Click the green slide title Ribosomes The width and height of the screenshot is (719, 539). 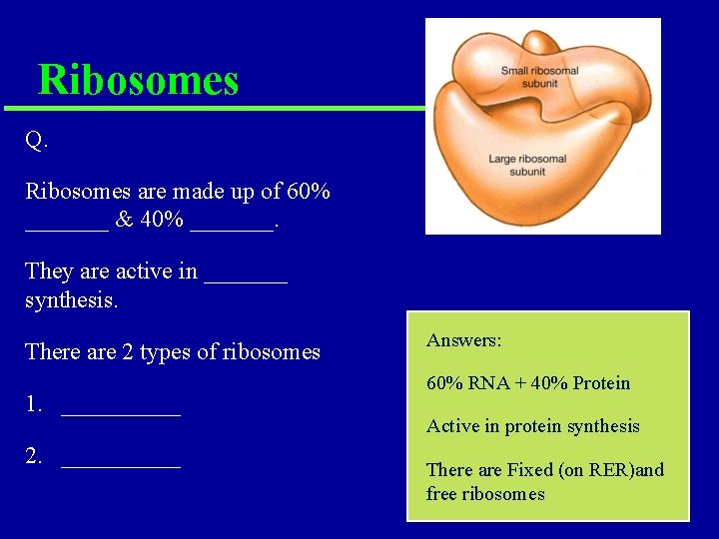point(138,80)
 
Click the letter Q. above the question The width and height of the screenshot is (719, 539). point(37,141)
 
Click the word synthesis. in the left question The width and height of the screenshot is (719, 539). point(72,299)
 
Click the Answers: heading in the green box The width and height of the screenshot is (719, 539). point(464,340)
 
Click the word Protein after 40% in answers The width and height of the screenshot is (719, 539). point(600,383)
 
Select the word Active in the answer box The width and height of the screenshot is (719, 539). point(451,426)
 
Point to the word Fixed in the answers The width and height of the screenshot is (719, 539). point(529,470)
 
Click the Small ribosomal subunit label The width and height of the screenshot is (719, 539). point(539,77)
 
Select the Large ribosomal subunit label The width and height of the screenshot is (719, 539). point(526,165)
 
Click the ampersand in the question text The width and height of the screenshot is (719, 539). point(125,220)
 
